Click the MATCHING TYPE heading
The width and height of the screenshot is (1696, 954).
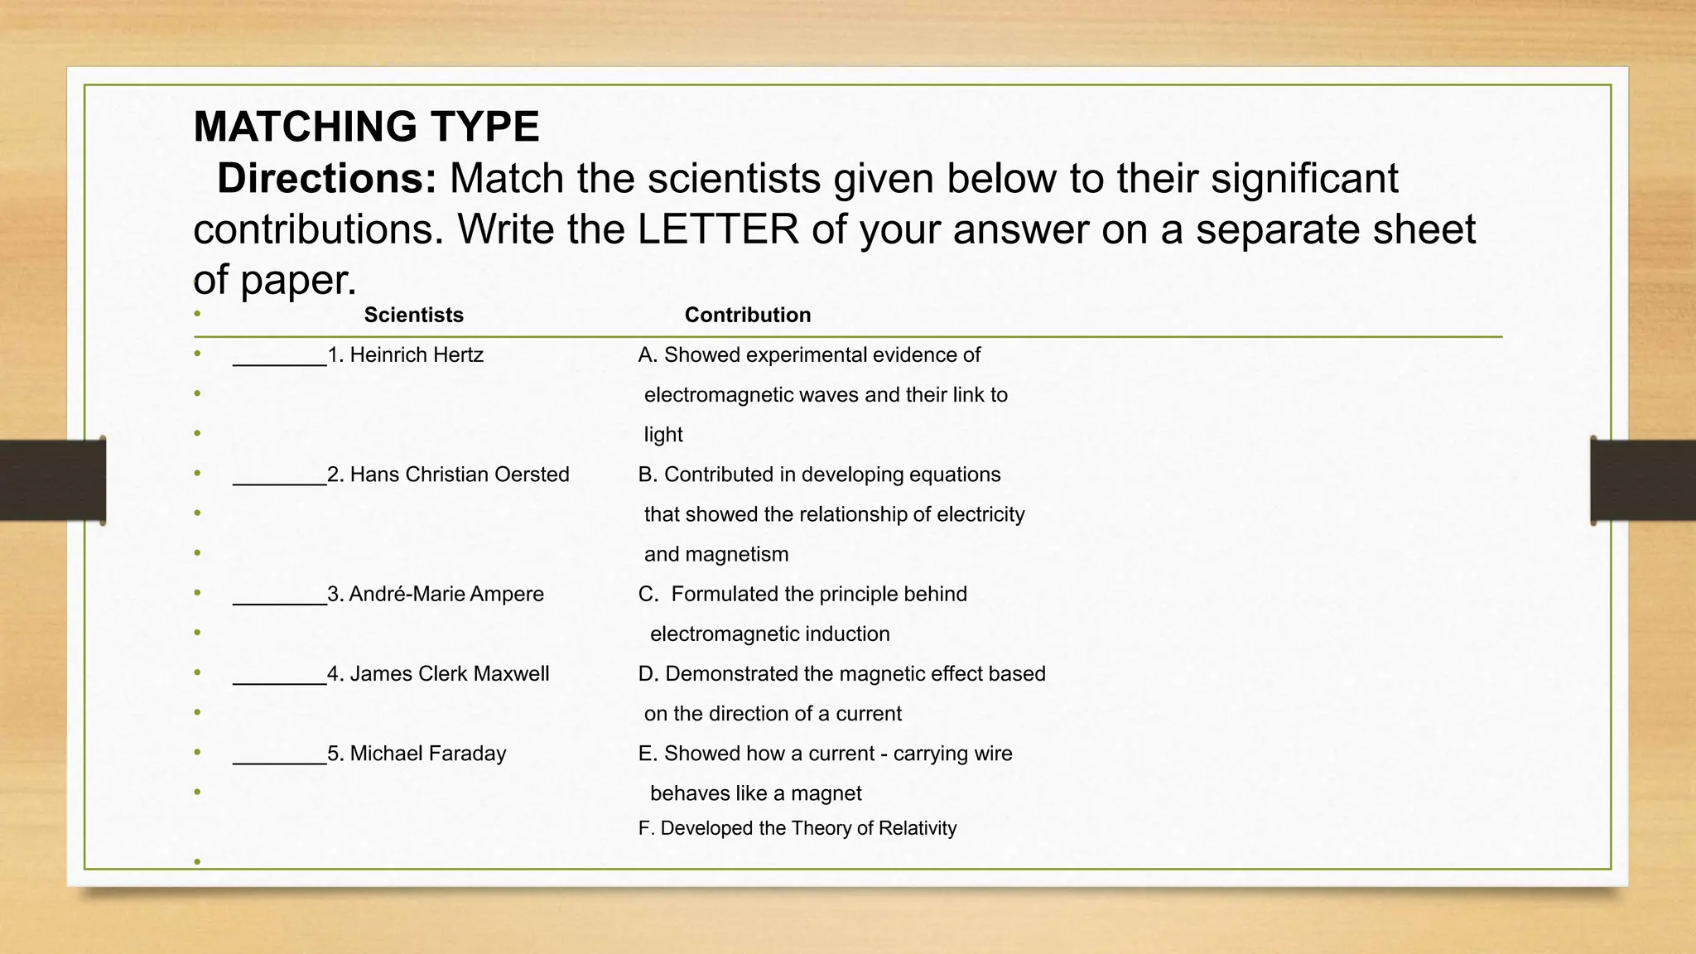coord(366,127)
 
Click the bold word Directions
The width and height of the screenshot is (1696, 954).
coord(326,179)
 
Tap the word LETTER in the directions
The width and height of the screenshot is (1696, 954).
coord(717,229)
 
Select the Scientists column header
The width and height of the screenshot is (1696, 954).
coord(413,315)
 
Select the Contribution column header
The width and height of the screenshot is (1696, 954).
coord(747,315)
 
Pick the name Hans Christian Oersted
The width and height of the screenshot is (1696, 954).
coord(459,475)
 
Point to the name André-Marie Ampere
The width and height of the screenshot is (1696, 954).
coord(446,594)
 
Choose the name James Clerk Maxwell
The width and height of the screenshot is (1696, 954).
coord(449,673)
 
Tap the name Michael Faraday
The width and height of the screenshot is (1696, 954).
coord(427,754)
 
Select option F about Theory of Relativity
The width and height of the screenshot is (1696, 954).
coord(797,828)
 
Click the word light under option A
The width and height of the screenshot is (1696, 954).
coord(663,435)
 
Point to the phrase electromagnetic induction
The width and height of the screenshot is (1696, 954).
coord(769,634)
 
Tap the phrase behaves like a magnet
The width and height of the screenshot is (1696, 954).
coord(755,793)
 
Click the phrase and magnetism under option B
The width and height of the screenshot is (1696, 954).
coord(715,554)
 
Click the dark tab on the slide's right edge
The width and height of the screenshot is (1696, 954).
coord(1642,480)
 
